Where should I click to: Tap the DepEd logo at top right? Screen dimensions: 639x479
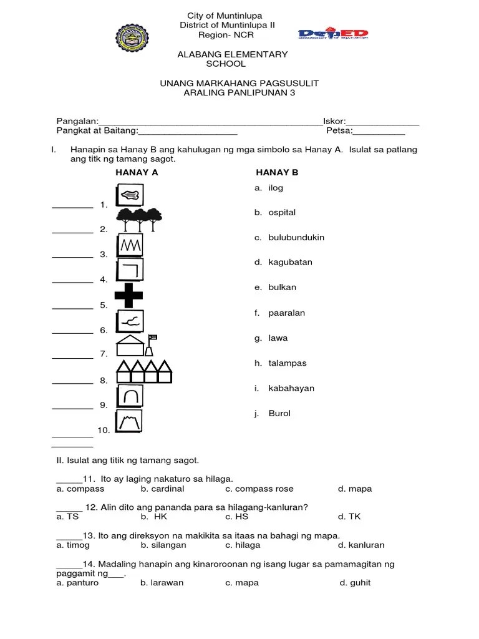[333, 35]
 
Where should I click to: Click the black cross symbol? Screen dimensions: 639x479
[128, 295]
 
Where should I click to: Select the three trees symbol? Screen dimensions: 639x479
[140, 217]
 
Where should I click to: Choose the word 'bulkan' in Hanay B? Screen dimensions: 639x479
[282, 288]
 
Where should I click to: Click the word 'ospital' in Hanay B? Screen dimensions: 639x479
[282, 213]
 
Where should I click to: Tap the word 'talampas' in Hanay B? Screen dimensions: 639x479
[287, 363]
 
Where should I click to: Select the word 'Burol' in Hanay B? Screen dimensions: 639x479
[279, 414]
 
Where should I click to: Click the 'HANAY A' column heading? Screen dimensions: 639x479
[137, 173]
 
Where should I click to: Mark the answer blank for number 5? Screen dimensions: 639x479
[72, 306]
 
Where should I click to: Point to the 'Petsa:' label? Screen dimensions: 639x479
[339, 131]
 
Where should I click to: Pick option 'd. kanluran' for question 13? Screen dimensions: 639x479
[361, 545]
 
